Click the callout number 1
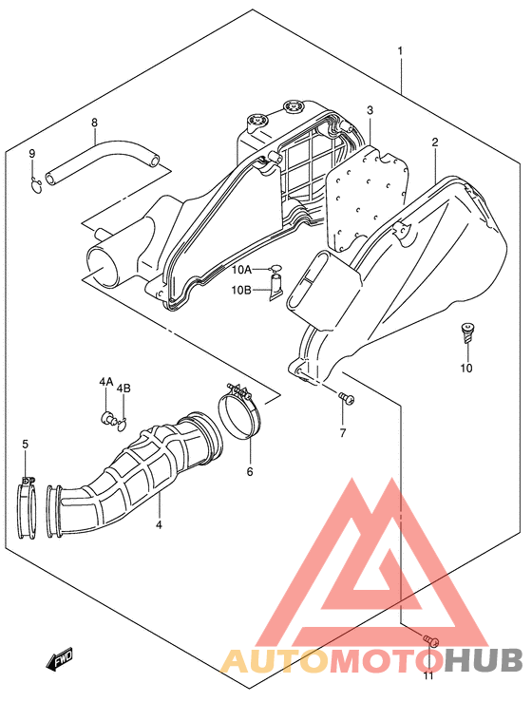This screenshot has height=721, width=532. pyautogui.click(x=400, y=49)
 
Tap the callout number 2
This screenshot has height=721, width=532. pyautogui.click(x=434, y=142)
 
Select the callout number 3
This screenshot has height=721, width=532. pyautogui.click(x=370, y=110)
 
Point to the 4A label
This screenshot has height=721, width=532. pyautogui.click(x=105, y=382)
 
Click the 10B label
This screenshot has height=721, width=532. pyautogui.click(x=241, y=290)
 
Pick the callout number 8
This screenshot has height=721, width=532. pyautogui.click(x=94, y=123)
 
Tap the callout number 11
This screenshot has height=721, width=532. pyautogui.click(x=428, y=675)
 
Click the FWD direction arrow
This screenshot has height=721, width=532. pyautogui.click(x=59, y=660)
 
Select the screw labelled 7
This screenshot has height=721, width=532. pyautogui.click(x=346, y=398)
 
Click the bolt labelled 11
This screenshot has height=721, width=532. pyautogui.click(x=431, y=640)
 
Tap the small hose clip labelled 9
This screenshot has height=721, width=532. pyautogui.click(x=35, y=184)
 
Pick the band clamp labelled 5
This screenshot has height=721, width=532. pyautogui.click(x=27, y=506)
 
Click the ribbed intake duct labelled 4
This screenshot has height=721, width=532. pyautogui.click(x=133, y=478)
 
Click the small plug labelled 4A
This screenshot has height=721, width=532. pyautogui.click(x=107, y=418)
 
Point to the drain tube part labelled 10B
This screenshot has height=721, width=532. pyautogui.click(x=276, y=289)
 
